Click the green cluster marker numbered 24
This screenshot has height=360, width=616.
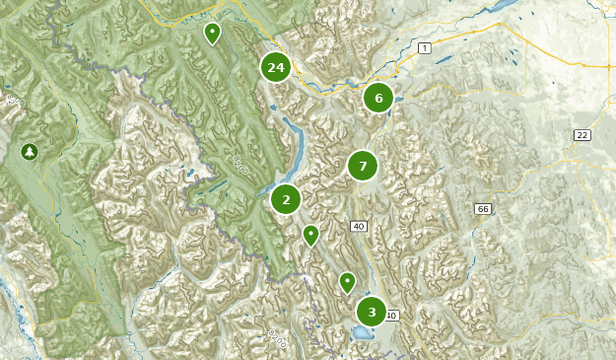click(x=276, y=68)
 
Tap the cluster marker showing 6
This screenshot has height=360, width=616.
click(x=378, y=98)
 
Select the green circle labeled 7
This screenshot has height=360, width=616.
click(x=363, y=166)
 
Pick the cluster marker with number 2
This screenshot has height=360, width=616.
click(x=286, y=199)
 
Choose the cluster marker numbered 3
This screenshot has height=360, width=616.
click(x=372, y=313)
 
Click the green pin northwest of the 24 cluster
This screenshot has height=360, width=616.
click(x=212, y=34)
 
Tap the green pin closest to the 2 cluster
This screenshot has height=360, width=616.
click(x=310, y=235)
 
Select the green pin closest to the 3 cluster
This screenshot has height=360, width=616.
click(x=347, y=282)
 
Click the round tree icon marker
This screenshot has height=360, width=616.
click(x=29, y=151)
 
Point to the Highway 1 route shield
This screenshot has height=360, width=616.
click(x=424, y=48)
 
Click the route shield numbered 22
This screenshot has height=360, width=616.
click(x=583, y=135)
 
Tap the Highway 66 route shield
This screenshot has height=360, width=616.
click(x=482, y=209)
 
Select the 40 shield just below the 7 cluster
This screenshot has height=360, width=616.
click(x=358, y=227)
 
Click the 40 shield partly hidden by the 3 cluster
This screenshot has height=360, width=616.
click(x=392, y=316)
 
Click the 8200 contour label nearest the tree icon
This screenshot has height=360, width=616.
click(x=14, y=101)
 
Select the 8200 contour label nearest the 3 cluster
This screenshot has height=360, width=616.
click(x=277, y=338)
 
